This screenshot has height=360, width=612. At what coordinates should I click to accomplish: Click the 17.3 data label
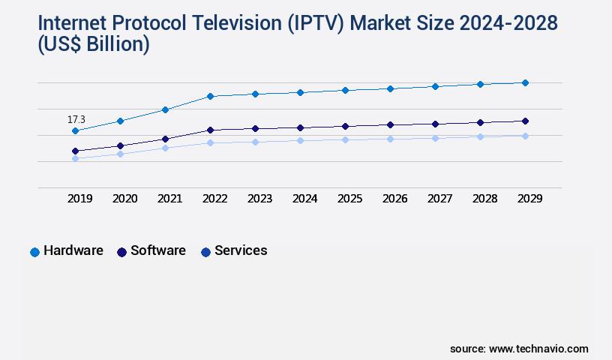click(x=76, y=119)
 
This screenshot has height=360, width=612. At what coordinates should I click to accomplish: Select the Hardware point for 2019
click(x=75, y=131)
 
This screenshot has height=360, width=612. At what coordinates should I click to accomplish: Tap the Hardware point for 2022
click(x=210, y=96)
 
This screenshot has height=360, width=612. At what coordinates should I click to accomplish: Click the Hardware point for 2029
click(x=525, y=82)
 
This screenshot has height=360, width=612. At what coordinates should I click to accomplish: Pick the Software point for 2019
click(x=75, y=151)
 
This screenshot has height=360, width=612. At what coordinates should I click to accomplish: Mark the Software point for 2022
click(x=210, y=130)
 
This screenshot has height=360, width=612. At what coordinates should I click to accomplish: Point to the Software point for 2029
click(x=525, y=121)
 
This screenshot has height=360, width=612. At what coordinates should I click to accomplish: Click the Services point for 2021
click(x=165, y=148)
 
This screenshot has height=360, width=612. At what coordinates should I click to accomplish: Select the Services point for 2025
click(x=345, y=139)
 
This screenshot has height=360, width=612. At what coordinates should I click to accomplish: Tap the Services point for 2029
click(x=525, y=136)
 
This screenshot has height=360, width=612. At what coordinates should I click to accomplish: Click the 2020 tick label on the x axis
click(x=124, y=199)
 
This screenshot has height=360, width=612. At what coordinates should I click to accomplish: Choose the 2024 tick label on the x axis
click(x=304, y=199)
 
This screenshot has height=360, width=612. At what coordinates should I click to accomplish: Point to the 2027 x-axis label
click(x=439, y=199)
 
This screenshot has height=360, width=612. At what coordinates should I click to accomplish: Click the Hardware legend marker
click(x=34, y=252)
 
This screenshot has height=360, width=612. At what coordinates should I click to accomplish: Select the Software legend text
click(x=158, y=250)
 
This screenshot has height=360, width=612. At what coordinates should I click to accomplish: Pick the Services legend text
click(x=241, y=250)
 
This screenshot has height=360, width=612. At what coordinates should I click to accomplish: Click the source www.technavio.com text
click(x=519, y=349)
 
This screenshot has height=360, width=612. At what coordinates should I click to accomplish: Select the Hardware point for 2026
click(x=390, y=88)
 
